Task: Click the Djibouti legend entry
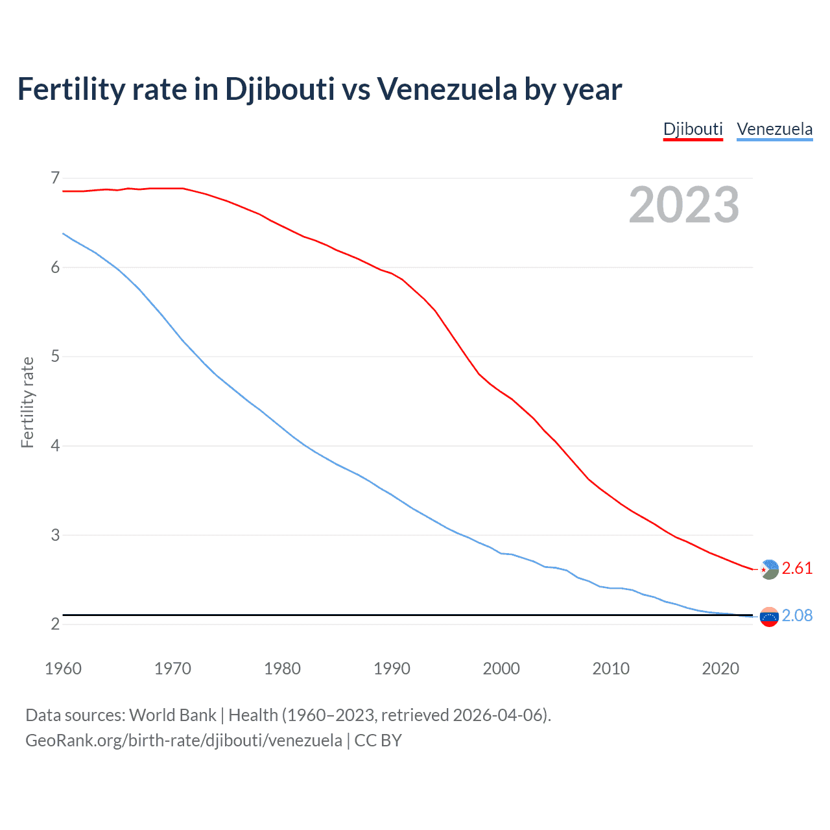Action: pos(693,129)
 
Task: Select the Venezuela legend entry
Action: pos(774,129)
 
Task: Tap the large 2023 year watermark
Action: pos(683,205)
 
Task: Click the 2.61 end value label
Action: pos(797,569)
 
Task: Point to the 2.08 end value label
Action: pos(797,616)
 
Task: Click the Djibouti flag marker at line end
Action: pos(769,569)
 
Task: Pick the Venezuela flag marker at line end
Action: pos(769,617)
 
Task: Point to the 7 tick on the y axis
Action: pos(55,178)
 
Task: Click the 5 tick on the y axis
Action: pos(55,357)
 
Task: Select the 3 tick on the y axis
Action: pos(55,535)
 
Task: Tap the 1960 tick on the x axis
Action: pos(63,669)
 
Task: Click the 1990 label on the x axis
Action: pos(392,669)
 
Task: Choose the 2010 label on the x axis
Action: pos(611,669)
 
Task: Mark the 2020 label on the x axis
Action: pos(720,669)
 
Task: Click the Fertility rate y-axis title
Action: pos(27,402)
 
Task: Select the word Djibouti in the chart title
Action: pos(279,89)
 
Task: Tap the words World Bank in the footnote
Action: pos(172,715)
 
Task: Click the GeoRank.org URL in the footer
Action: pos(184,741)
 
